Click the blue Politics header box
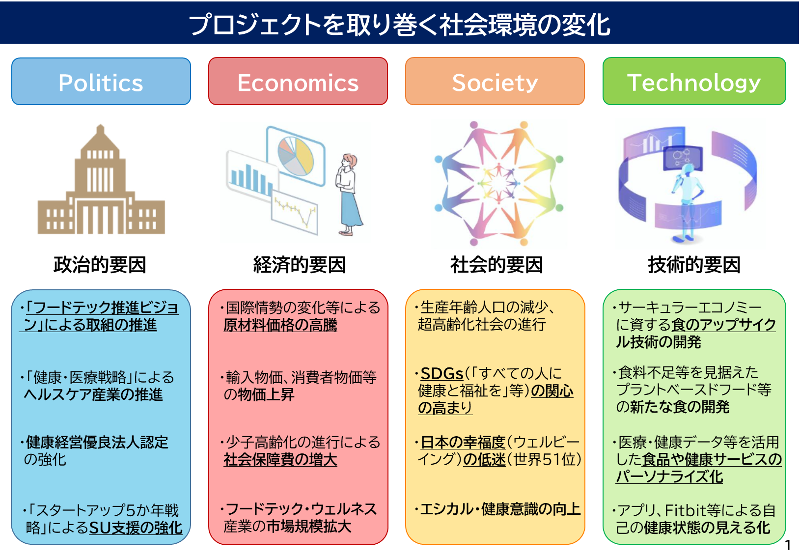tap(101, 82)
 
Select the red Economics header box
tap(298, 82)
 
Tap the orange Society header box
tap(495, 82)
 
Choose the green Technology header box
tap(694, 82)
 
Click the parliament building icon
tap(102, 180)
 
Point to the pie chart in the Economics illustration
tap(296, 156)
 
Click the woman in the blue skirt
tap(348, 195)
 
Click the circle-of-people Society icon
tap(499, 183)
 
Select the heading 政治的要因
tap(100, 265)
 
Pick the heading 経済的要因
tap(299, 265)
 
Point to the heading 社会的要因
tap(497, 265)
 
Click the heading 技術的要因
tap(694, 265)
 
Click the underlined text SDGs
tap(442, 374)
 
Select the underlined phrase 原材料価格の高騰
tap(280, 325)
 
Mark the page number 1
tap(788, 545)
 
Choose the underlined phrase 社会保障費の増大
tap(280, 460)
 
